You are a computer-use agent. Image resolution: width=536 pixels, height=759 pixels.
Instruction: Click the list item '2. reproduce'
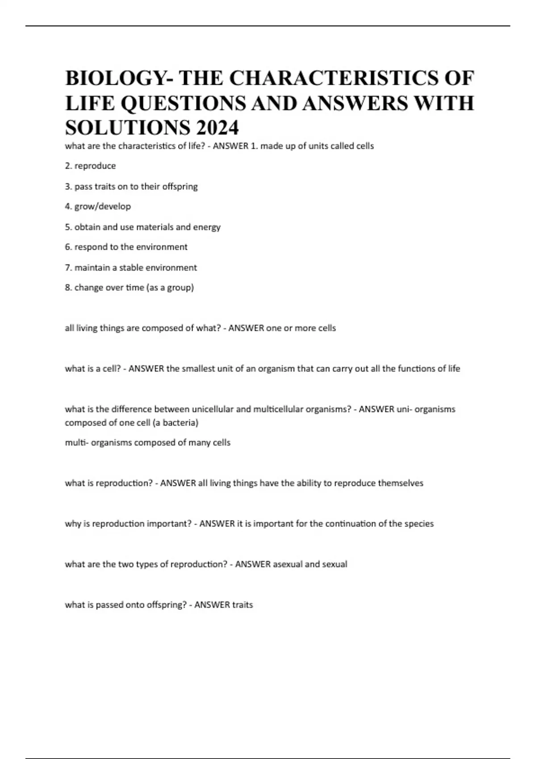click(90, 166)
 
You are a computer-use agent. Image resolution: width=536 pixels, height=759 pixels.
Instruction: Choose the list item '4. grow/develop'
click(98, 206)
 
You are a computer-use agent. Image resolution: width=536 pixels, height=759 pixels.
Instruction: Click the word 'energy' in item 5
click(207, 227)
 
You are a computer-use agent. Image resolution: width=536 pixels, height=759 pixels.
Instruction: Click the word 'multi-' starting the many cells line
click(76, 442)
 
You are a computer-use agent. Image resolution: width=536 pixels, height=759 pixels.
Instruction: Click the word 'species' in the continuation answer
click(419, 524)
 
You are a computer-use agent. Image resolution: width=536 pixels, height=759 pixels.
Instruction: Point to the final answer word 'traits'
click(243, 605)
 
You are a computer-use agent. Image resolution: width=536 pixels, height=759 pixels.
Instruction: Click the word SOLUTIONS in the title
click(127, 128)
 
